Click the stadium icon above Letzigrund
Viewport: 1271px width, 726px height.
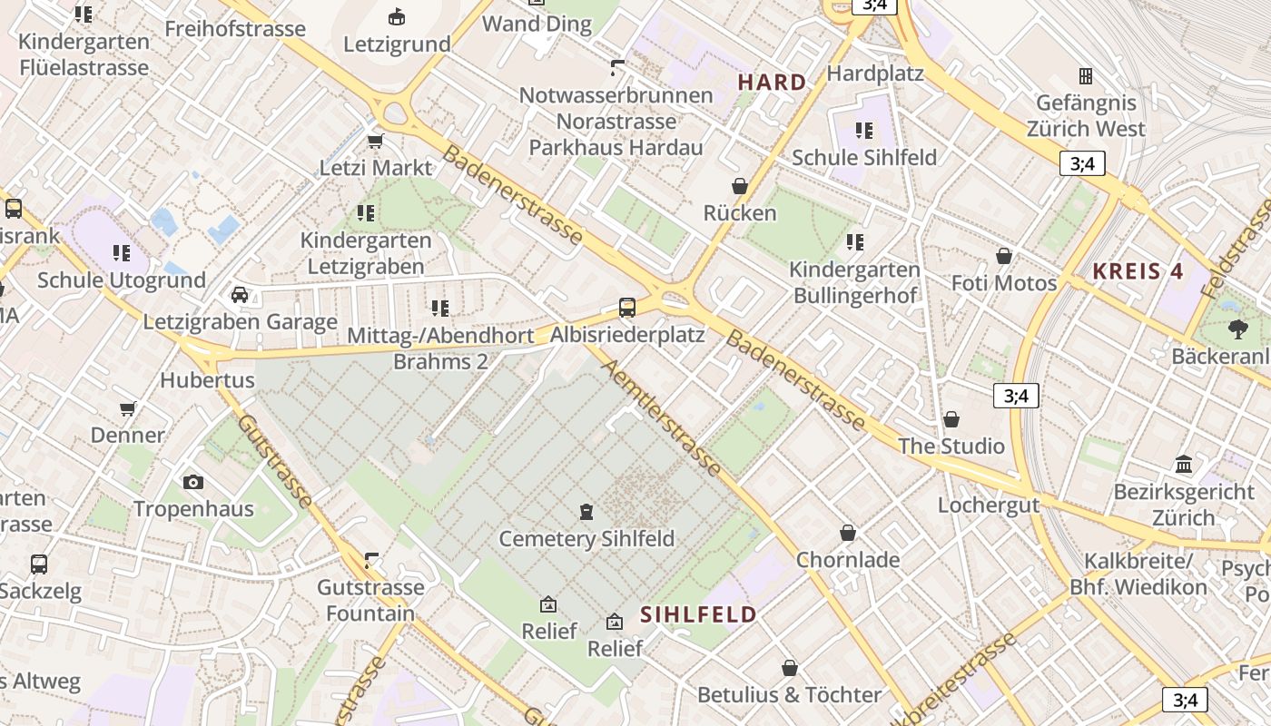(x=397, y=16)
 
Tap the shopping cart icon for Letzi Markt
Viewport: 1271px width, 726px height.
(x=375, y=141)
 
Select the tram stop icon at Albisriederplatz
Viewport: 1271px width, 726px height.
(x=626, y=307)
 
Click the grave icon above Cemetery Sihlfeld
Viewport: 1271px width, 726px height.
(x=586, y=512)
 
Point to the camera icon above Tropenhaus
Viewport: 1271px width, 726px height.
(x=192, y=482)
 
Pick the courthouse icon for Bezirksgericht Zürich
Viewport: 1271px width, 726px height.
(x=1184, y=465)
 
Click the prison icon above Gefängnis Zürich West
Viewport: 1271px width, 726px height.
(x=1085, y=75)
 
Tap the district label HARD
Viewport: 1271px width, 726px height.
(x=772, y=83)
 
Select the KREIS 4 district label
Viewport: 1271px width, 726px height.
(x=1138, y=271)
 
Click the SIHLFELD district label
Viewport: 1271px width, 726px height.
(x=698, y=614)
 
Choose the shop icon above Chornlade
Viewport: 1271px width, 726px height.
(x=847, y=533)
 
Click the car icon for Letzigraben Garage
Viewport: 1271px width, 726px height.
(x=240, y=294)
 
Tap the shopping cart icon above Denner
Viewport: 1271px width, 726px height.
(x=128, y=408)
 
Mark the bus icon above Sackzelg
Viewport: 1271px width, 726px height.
(x=39, y=564)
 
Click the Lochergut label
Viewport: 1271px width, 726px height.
(x=988, y=505)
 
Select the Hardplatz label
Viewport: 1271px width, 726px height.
(x=875, y=73)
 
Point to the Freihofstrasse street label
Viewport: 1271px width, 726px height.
(x=235, y=29)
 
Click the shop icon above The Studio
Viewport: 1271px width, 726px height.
(x=951, y=419)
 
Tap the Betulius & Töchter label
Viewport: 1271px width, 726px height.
(x=789, y=695)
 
